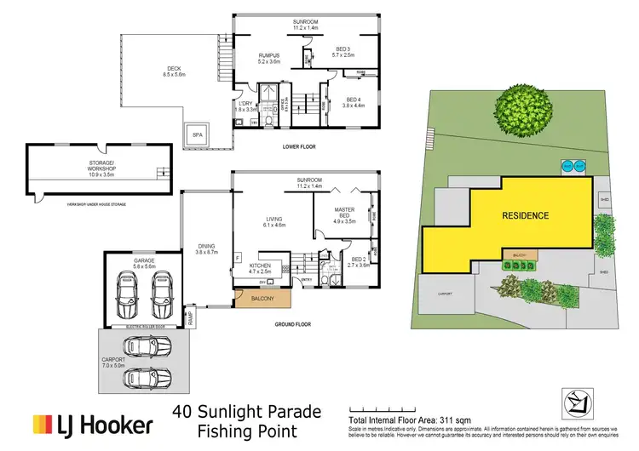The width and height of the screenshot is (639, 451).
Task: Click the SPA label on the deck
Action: (x=197, y=135)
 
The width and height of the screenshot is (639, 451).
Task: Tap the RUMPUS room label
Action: (x=270, y=58)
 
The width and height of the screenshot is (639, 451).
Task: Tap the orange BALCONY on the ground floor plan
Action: (x=261, y=298)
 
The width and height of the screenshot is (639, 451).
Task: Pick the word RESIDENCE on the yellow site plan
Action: (x=525, y=215)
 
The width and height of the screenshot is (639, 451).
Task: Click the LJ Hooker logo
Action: (x=93, y=423)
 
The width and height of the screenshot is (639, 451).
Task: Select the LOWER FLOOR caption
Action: (x=299, y=146)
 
